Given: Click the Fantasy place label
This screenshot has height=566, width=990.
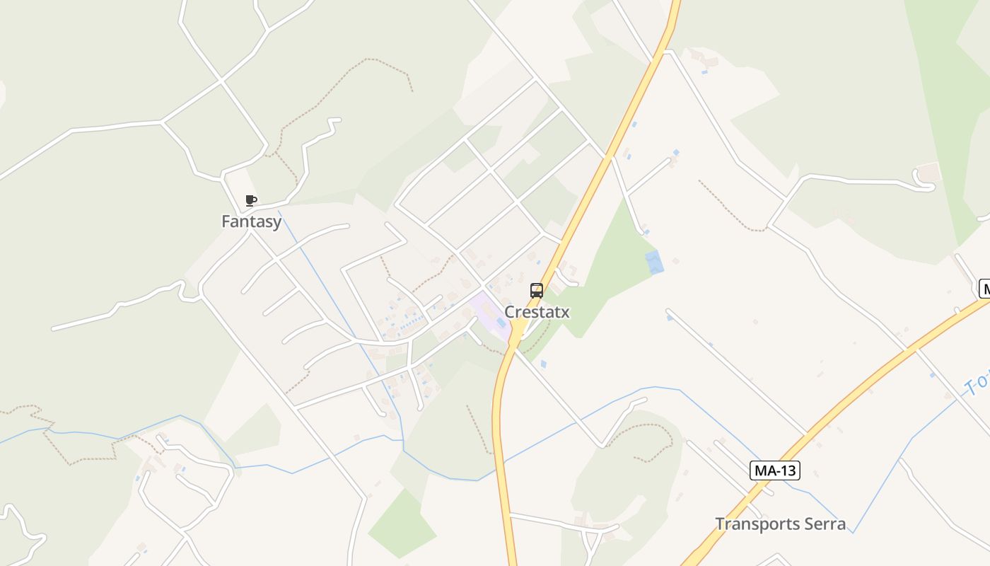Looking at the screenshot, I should click(251, 221).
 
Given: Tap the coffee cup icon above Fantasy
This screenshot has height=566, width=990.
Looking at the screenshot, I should click(250, 201).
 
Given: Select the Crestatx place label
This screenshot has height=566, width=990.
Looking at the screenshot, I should click(537, 312).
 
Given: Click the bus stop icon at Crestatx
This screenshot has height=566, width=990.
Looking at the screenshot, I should click(537, 291).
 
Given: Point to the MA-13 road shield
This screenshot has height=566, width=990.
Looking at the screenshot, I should click(775, 470).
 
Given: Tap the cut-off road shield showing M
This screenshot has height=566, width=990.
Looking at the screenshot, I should click(984, 289).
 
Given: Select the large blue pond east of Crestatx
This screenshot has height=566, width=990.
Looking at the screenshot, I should click(655, 262).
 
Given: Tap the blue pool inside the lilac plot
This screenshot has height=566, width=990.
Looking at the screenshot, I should click(501, 323).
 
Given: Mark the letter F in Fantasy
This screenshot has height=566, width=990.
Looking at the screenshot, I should click(226, 221).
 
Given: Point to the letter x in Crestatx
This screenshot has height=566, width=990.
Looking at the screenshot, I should click(565, 312).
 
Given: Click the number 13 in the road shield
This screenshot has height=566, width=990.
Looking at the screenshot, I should click(788, 470).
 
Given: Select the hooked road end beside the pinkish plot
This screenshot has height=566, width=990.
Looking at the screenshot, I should click(925, 185).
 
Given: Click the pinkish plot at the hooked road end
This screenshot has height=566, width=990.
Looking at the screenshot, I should click(928, 172).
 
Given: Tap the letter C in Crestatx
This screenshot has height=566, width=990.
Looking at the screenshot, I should click(509, 312).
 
